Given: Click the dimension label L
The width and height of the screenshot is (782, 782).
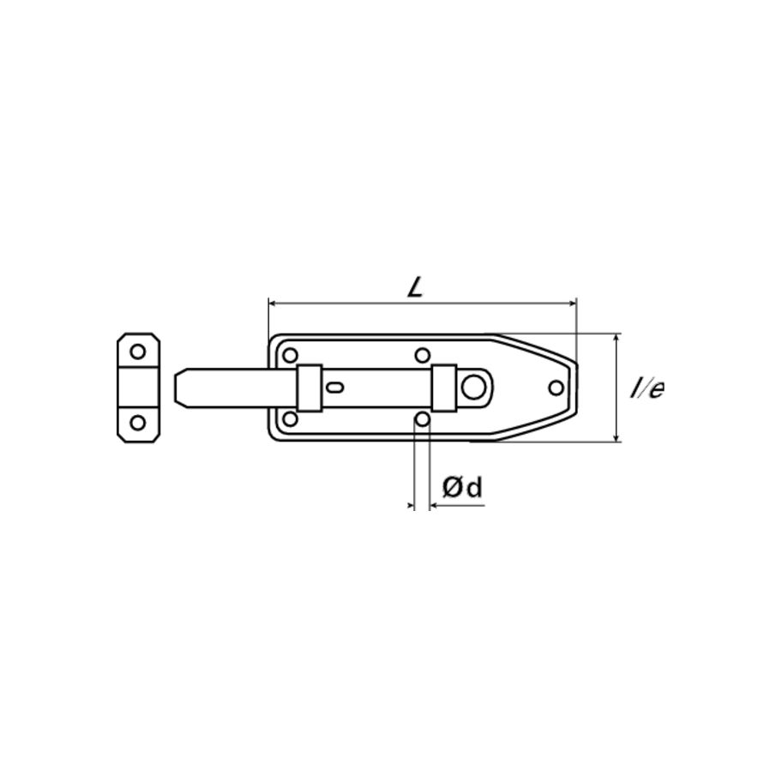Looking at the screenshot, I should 416,287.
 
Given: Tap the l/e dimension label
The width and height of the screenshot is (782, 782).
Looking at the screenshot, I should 647,388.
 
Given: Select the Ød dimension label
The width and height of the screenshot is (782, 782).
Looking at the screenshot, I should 462,488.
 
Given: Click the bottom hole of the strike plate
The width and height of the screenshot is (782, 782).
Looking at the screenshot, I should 138,423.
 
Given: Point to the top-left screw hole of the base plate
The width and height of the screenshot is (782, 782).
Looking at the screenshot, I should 291,355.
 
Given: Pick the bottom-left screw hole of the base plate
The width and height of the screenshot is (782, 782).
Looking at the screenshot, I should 291,419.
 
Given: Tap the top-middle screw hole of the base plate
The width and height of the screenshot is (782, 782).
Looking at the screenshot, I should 422,355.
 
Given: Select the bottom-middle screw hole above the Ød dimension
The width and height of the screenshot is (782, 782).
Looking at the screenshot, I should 422,419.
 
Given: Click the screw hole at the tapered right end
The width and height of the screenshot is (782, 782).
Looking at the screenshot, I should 556,388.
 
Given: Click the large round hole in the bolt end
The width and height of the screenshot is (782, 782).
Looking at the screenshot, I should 472,387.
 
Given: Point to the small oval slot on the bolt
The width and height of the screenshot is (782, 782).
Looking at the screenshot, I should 335,388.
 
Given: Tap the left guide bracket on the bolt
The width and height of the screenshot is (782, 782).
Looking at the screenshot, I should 309,388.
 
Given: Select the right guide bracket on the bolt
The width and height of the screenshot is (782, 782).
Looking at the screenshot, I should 443,388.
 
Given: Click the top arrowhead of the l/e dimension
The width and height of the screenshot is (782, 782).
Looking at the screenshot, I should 617,338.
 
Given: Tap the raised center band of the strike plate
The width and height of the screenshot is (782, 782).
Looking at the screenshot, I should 138,387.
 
